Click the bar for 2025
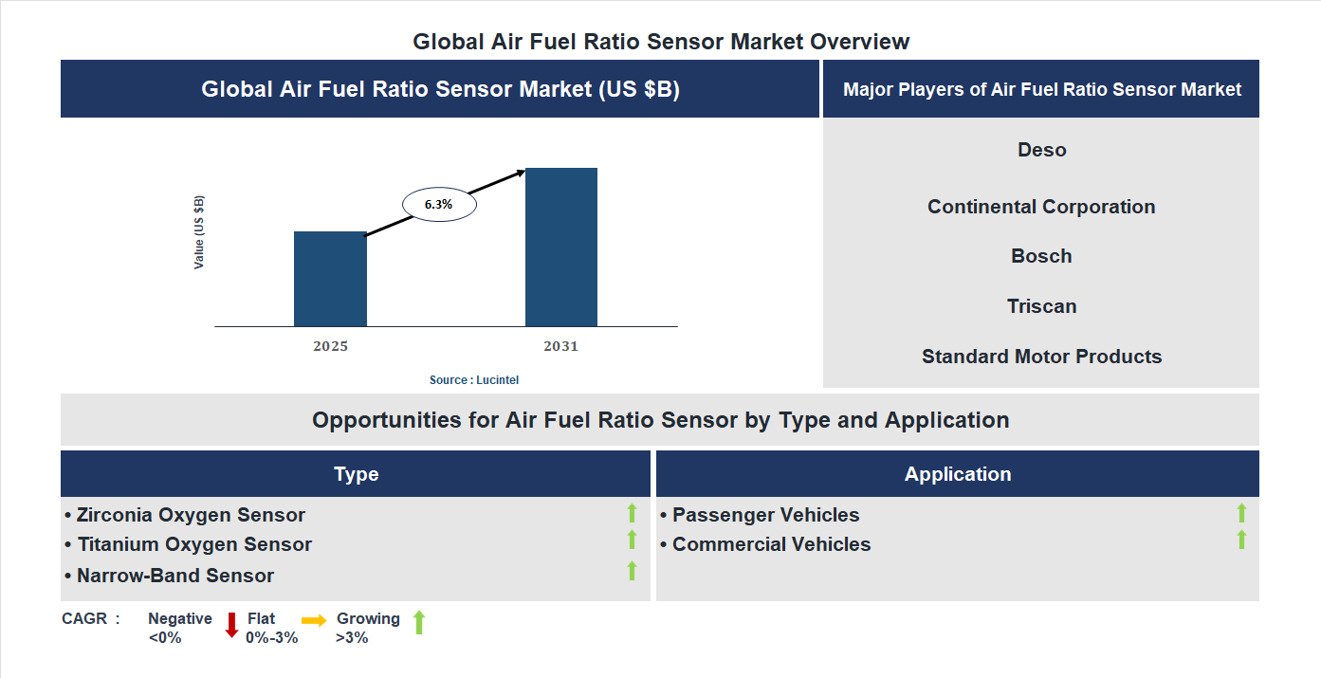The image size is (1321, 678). [x=330, y=279]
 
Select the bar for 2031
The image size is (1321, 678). [x=561, y=247]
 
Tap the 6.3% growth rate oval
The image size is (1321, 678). [x=439, y=204]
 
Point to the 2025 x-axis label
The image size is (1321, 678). [x=330, y=346]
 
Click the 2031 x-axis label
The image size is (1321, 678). [x=560, y=346]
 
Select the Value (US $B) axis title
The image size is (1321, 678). [x=199, y=232]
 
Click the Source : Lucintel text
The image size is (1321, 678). [x=474, y=379]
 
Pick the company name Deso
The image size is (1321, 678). [x=1041, y=150]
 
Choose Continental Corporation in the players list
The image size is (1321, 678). [x=1041, y=207]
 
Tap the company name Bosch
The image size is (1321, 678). [x=1041, y=256]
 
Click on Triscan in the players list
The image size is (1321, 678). [x=1041, y=306]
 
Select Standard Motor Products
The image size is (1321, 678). [x=1041, y=357]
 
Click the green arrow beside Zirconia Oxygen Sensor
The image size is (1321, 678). [x=632, y=513]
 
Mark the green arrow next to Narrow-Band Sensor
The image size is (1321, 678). [x=632, y=571]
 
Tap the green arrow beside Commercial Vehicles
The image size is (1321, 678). [x=1241, y=541]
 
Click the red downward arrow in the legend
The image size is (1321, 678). [x=231, y=625]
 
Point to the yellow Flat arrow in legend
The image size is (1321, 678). [x=314, y=620]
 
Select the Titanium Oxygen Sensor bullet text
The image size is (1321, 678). [x=194, y=544]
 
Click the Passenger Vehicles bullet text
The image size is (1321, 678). [x=765, y=515]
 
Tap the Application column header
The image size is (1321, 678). [x=957, y=474]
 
